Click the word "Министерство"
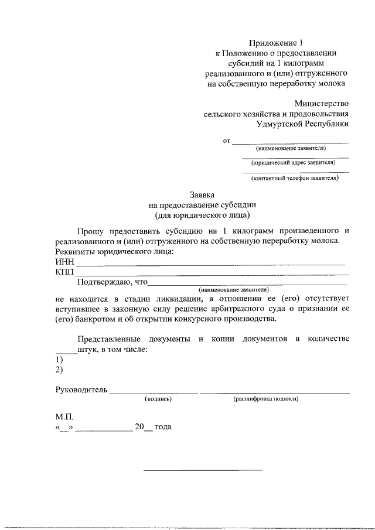point(321,103)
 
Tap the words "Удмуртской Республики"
point(302,124)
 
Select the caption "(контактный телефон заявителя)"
point(294,178)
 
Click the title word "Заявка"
point(202,194)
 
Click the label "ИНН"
point(64,262)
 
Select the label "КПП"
point(64,272)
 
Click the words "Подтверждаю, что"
point(114,282)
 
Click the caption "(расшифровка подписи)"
point(266,399)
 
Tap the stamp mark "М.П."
point(64,417)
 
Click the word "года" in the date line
point(163,428)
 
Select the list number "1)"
point(59,360)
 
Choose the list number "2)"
point(59,370)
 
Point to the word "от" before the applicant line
point(227,141)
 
